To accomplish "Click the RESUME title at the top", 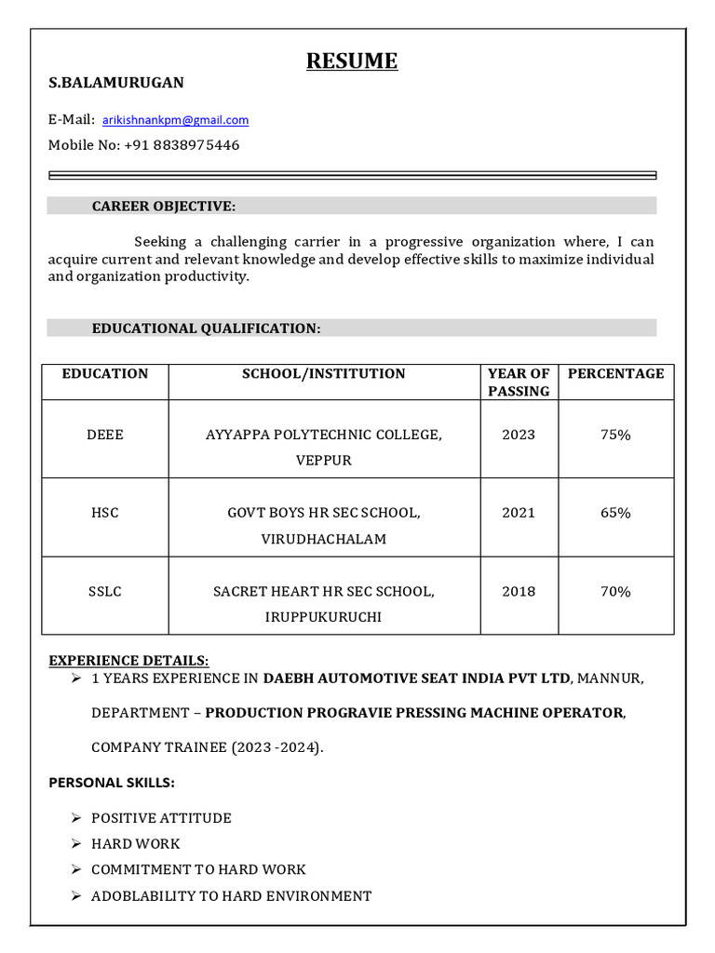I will point(352,61).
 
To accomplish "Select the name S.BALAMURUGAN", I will point(116,83).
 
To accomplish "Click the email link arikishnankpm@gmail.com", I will point(175,120).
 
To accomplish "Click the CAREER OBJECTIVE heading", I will point(163,206).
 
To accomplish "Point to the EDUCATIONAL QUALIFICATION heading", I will point(206,329).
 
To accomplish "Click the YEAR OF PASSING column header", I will point(519,383).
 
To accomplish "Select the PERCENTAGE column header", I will point(615,374).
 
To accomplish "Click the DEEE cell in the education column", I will point(104,435).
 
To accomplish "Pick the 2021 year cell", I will point(519,513).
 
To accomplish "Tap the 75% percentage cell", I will point(615,435).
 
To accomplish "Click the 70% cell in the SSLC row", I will point(615,591).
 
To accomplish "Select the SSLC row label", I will point(104,591).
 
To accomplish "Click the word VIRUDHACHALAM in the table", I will point(323,539).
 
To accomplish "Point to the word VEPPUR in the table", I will point(323,461).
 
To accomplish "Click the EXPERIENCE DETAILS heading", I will point(128,661).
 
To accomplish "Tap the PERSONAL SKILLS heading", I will point(112,783).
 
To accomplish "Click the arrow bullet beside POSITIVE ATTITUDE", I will point(75,818).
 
